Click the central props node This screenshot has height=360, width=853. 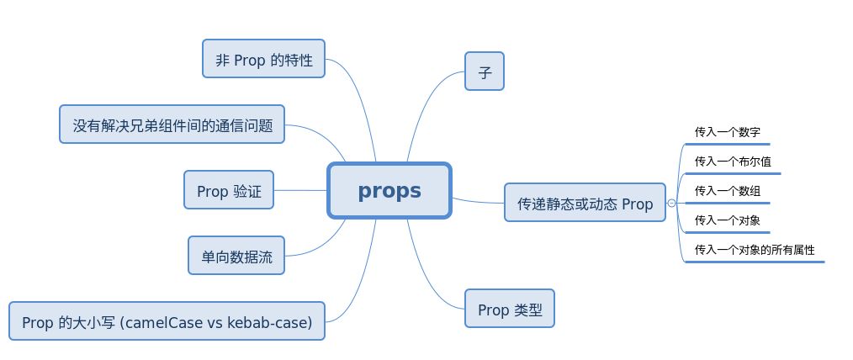click(x=389, y=191)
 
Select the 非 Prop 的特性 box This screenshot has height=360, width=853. click(x=263, y=60)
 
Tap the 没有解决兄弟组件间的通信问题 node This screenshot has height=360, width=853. click(x=172, y=125)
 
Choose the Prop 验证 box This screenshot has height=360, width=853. click(x=229, y=191)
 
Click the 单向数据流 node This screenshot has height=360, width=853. click(x=236, y=257)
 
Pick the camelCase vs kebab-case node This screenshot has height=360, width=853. click(x=167, y=322)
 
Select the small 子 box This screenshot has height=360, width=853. click(x=485, y=72)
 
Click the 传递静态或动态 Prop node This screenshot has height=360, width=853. click(x=585, y=204)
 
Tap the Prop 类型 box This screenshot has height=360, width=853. click(x=510, y=310)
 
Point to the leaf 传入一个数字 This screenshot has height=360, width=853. click(x=728, y=132)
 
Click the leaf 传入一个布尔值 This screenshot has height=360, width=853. click(x=733, y=161)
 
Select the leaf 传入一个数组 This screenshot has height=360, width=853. click(x=728, y=191)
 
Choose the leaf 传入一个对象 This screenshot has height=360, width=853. click(x=728, y=220)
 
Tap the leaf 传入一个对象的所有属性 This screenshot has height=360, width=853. click(x=755, y=250)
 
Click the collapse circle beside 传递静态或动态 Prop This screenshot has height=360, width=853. click(x=671, y=204)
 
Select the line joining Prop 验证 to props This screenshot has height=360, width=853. click(x=300, y=190)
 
